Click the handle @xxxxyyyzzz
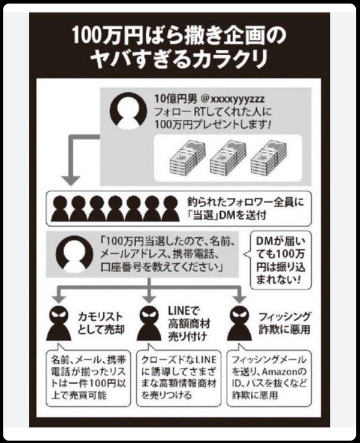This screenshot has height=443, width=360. [232, 99]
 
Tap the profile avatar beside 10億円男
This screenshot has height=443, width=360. [128, 110]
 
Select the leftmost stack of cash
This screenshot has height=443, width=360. [187, 158]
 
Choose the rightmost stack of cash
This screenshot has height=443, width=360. [269, 158]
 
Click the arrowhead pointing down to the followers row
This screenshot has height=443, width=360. [71, 180]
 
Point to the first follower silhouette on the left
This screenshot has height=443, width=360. [60, 208]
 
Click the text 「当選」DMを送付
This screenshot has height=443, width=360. [227, 216]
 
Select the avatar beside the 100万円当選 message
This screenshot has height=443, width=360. [74, 254]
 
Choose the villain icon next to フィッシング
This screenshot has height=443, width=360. [240, 323]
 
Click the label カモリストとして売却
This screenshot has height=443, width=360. [101, 323]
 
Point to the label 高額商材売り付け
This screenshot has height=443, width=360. [189, 330]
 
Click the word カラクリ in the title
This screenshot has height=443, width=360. [229, 59]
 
